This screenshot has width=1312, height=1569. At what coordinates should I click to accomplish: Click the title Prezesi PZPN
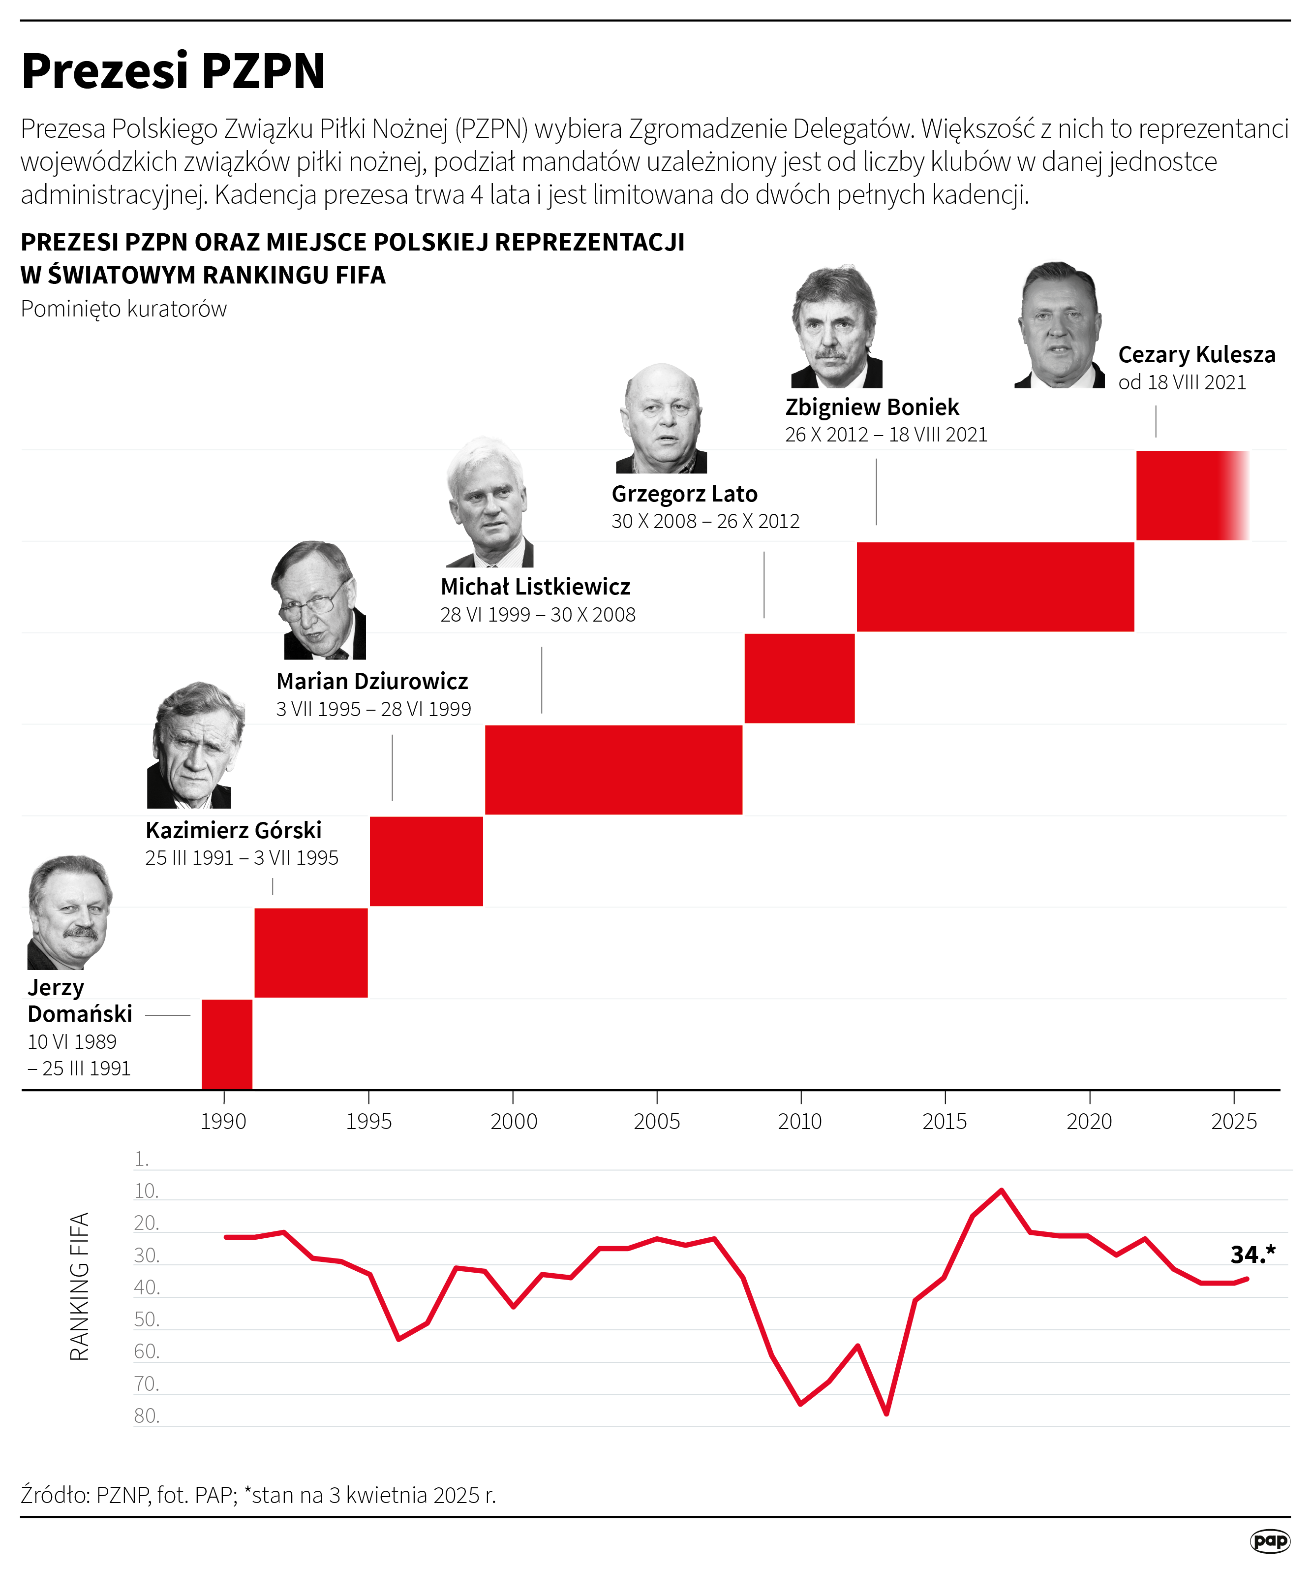click(173, 72)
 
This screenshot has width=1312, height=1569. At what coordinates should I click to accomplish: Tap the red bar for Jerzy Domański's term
click(227, 1044)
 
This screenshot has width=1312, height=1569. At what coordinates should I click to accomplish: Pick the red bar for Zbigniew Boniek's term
click(995, 587)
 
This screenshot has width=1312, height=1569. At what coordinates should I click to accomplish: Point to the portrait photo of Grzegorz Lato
click(661, 419)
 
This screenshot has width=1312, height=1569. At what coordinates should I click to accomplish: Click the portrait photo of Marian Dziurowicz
click(319, 601)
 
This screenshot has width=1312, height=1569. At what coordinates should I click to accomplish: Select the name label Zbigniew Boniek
click(871, 407)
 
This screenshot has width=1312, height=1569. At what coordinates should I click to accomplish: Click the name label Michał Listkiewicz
click(535, 587)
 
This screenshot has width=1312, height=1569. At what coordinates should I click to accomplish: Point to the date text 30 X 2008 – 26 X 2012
click(705, 522)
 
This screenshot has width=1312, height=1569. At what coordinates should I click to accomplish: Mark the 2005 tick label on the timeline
click(656, 1122)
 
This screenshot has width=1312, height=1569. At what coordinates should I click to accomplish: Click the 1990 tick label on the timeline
click(223, 1122)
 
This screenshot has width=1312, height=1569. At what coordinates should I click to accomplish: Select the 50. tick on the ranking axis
click(147, 1319)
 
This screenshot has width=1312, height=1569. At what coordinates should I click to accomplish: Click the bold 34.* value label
click(1252, 1255)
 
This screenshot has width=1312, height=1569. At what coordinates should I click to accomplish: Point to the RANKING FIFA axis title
click(79, 1286)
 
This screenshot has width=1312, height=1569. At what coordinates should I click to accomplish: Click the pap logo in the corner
click(1269, 1540)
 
